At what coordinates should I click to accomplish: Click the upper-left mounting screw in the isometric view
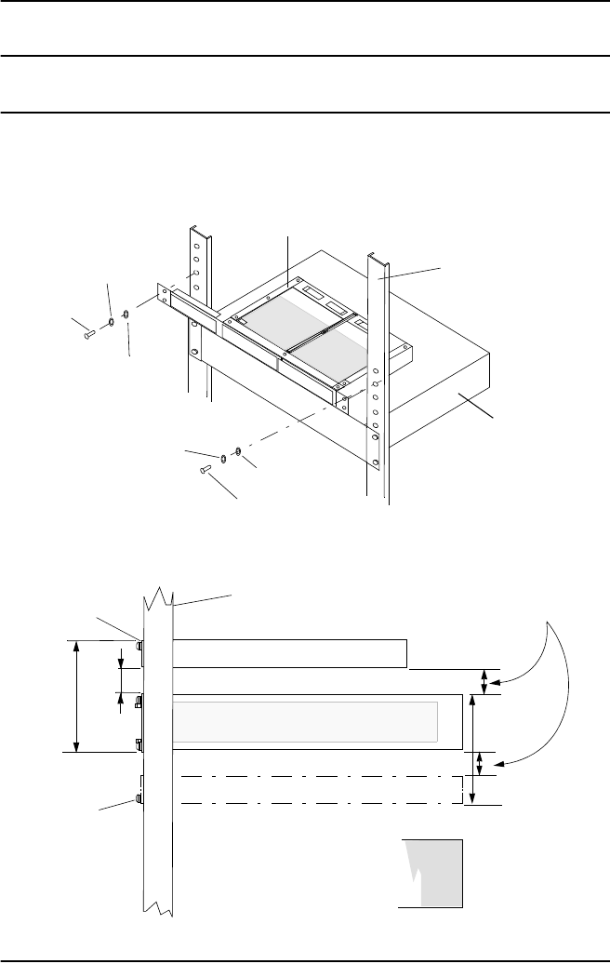pyautogui.click(x=86, y=329)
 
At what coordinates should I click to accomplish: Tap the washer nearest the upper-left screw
pyautogui.click(x=111, y=323)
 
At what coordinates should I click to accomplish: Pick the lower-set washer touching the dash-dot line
pyautogui.click(x=239, y=452)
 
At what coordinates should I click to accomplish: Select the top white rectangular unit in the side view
pyautogui.click(x=288, y=653)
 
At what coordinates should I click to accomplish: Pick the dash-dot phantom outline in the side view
pyautogui.click(x=321, y=789)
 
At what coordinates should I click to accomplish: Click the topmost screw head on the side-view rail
pyautogui.click(x=139, y=644)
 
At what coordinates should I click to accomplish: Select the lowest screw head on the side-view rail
pyautogui.click(x=139, y=798)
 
